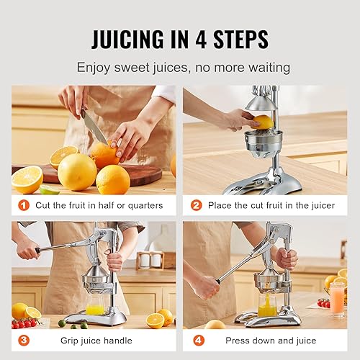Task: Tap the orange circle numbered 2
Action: pos(195,205)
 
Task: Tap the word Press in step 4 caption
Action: pos(239,339)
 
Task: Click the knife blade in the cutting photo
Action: pos(94,127)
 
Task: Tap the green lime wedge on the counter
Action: pos(49,190)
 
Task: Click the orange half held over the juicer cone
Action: pos(264,122)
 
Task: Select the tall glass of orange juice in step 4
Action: pos(337,299)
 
